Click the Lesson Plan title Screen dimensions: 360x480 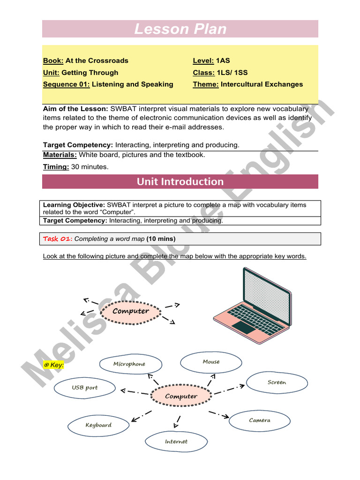pyautogui.click(x=180, y=29)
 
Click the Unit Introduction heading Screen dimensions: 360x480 pyautogui.click(x=180, y=181)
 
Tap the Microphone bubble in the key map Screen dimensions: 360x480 pyautogui.click(x=130, y=364)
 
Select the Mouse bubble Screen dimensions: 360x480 pyautogui.click(x=211, y=362)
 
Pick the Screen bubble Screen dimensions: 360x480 pyautogui.click(x=277, y=382)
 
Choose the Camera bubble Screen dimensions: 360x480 pyautogui.click(x=260, y=420)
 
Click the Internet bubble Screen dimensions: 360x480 pyautogui.click(x=176, y=442)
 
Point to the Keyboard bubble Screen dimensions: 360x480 pyautogui.click(x=98, y=425)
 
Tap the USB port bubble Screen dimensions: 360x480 pyautogui.click(x=85, y=388)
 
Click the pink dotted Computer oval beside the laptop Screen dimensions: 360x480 pyautogui.click(x=131, y=311)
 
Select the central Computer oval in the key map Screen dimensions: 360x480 pyautogui.click(x=181, y=397)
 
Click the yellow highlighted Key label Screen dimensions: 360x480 pyautogui.click(x=53, y=365)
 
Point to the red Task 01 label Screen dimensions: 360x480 pyautogui.click(x=58, y=239)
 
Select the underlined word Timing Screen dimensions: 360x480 pyautogui.click(x=56, y=166)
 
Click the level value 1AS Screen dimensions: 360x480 pyautogui.click(x=223, y=60)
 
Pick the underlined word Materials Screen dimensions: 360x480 pyautogui.click(x=60, y=155)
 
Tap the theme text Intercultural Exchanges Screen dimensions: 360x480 pyautogui.click(x=262, y=84)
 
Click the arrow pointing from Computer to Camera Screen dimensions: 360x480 pyautogui.click(x=219, y=414)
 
